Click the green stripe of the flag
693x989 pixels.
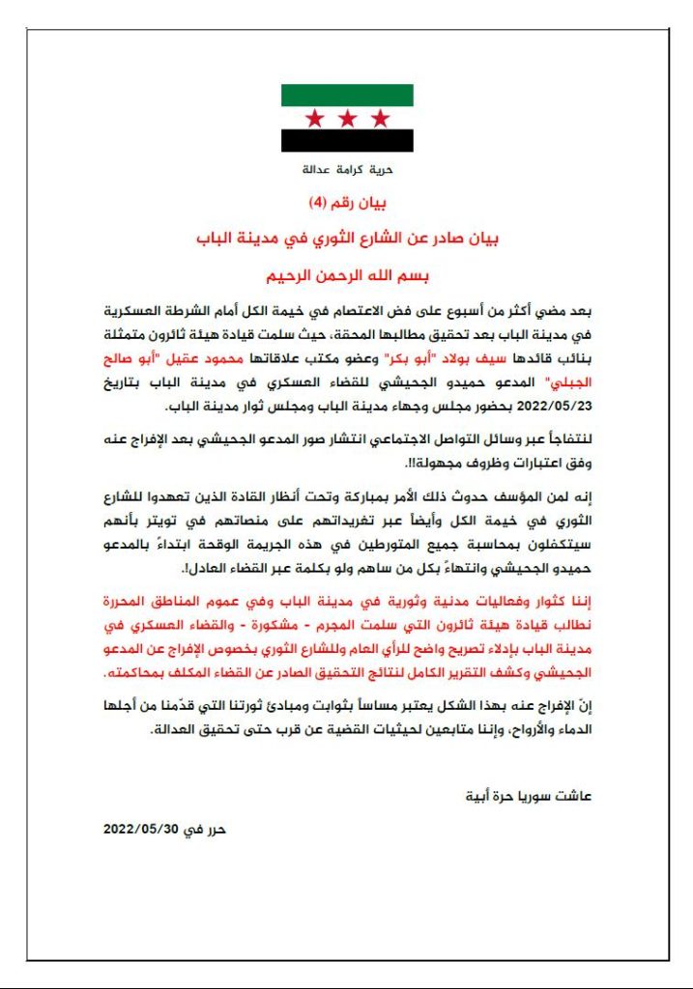tap(347, 95)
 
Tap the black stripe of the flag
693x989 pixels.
tap(347, 141)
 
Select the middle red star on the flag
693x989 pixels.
tap(347, 119)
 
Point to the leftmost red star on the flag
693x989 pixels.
tap(314, 119)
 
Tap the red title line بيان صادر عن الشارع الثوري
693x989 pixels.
tap(346, 238)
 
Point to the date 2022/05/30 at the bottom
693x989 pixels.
tap(142, 830)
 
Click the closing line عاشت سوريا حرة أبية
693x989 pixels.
tap(537, 797)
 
